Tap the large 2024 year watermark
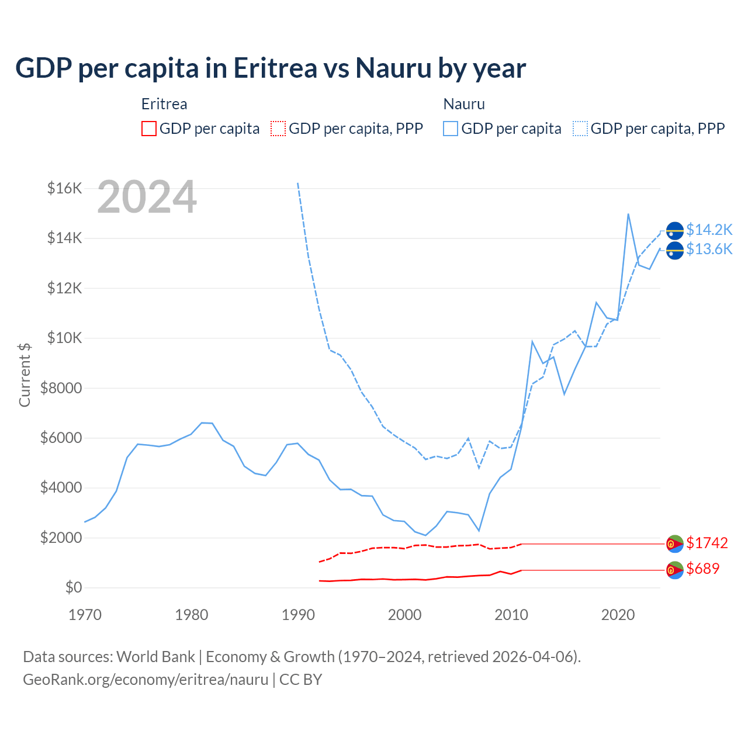pyautogui.click(x=147, y=197)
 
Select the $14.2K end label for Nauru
pyautogui.click(x=709, y=230)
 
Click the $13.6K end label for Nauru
pyautogui.click(x=709, y=250)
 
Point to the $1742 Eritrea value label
pyautogui.click(x=707, y=543)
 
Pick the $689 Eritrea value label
pyautogui.click(x=702, y=569)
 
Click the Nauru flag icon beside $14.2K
pyautogui.click(x=675, y=231)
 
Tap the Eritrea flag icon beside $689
pyautogui.click(x=675, y=570)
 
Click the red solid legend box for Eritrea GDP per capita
pyautogui.click(x=149, y=129)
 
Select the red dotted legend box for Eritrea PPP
pyautogui.click(x=278, y=129)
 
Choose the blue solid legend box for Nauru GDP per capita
pyautogui.click(x=451, y=129)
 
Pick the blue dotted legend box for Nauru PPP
pyautogui.click(x=580, y=129)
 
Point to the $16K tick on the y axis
pyautogui.click(x=64, y=188)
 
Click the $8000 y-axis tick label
pyautogui.click(x=61, y=388)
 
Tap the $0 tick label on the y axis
pyautogui.click(x=73, y=587)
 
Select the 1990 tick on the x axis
pyautogui.click(x=298, y=615)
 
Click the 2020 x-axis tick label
pyautogui.click(x=618, y=615)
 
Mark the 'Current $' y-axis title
pyautogui.click(x=25, y=375)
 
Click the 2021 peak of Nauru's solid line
pyautogui.click(x=628, y=214)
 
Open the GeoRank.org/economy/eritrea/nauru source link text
pyautogui.click(x=145, y=680)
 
